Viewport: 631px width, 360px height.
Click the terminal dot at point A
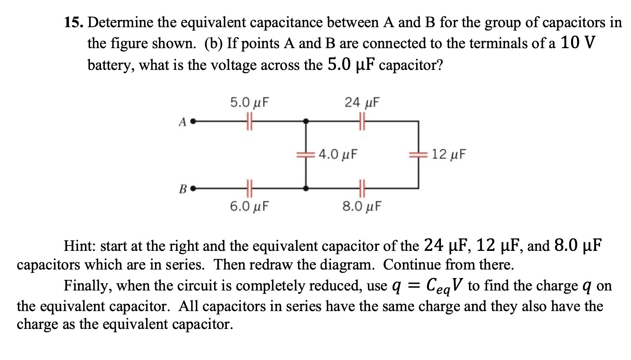pos(192,122)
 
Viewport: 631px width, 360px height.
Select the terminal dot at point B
pos(192,189)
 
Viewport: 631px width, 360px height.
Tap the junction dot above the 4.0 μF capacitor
pos(306,122)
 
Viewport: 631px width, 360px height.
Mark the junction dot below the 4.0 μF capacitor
pos(306,189)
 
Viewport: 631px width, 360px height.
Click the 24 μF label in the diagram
pos(362,103)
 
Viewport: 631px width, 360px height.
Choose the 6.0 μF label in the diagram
pos(249,206)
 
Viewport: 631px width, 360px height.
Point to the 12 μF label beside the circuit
pos(448,155)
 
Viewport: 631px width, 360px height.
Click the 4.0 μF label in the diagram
pos(338,155)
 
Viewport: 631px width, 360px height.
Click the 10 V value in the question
pos(577,43)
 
